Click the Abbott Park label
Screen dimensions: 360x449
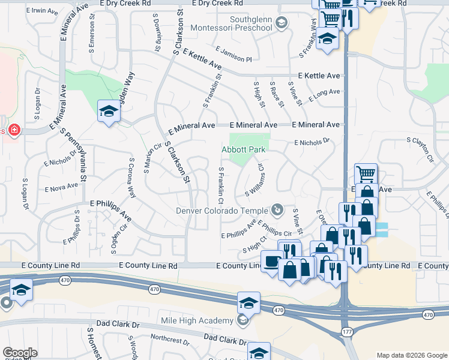244,149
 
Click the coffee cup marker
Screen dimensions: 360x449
272,262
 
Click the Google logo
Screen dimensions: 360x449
19,353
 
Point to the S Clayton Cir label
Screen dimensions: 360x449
420,150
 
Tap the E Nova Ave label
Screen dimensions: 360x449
61,187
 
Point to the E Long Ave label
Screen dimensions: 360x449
324,95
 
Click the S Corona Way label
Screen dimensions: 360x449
131,177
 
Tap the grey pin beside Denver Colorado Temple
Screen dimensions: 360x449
277,210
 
